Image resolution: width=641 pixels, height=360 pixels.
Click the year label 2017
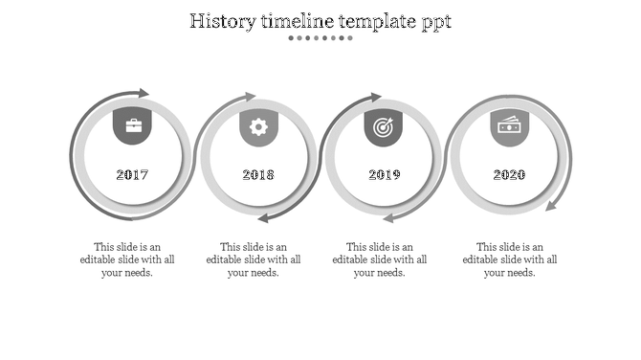point(132,175)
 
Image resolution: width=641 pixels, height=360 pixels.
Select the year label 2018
point(258,175)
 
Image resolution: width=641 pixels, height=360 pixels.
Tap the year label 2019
point(384,175)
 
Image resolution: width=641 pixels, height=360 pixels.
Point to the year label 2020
point(509,175)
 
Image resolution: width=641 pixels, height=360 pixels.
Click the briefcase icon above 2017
point(132,125)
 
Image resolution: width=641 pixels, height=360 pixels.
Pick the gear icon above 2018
point(258,126)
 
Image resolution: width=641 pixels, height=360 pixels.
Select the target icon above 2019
point(384,126)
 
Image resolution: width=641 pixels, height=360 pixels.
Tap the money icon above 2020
point(509,125)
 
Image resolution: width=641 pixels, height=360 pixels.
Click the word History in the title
point(225,20)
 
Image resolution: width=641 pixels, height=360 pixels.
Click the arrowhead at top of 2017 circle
point(144,93)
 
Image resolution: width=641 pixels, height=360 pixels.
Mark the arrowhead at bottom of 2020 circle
point(554,204)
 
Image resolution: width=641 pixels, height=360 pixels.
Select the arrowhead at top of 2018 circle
point(250,97)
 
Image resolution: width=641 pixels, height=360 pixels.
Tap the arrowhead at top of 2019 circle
point(375,97)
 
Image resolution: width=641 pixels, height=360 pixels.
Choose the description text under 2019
point(380,259)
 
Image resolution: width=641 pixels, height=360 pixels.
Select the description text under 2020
point(510,259)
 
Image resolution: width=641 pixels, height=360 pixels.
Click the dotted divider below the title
point(320,38)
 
